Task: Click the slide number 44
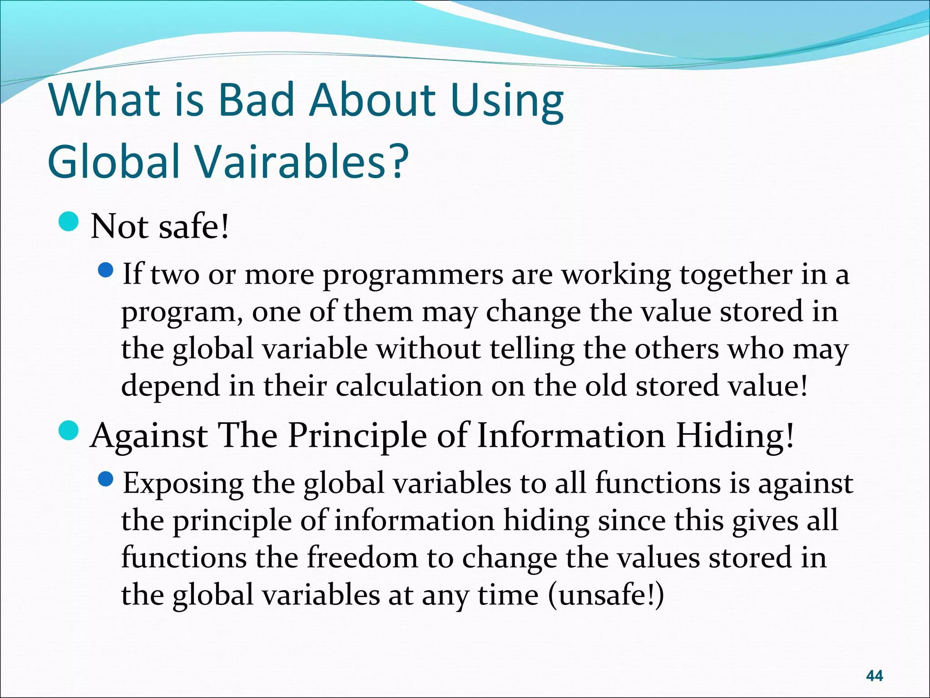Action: click(x=874, y=676)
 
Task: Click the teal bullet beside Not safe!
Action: click(x=69, y=222)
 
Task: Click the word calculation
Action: click(x=409, y=386)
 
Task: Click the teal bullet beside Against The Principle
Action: click(x=69, y=430)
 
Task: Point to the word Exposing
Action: click(x=183, y=484)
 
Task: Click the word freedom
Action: click(x=362, y=558)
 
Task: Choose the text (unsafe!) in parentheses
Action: click(x=606, y=595)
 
